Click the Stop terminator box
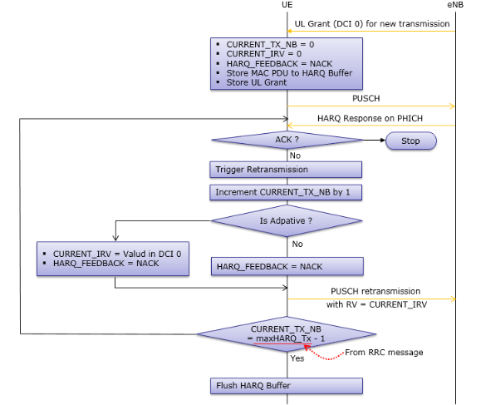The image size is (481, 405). [410, 141]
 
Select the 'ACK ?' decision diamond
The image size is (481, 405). [287, 140]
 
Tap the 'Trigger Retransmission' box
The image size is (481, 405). [287, 170]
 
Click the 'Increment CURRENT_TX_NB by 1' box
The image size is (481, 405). [287, 192]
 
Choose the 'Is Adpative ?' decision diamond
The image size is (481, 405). [287, 221]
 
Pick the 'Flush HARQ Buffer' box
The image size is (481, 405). [287, 386]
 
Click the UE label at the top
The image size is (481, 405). [287, 6]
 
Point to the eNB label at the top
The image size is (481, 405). [455, 6]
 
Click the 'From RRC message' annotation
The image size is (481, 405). [383, 352]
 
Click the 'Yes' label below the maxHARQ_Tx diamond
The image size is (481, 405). [297, 358]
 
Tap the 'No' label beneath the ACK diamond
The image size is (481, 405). [295, 155]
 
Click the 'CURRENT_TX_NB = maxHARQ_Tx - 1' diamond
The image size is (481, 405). [287, 334]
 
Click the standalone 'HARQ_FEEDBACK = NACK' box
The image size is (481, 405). [287, 266]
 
